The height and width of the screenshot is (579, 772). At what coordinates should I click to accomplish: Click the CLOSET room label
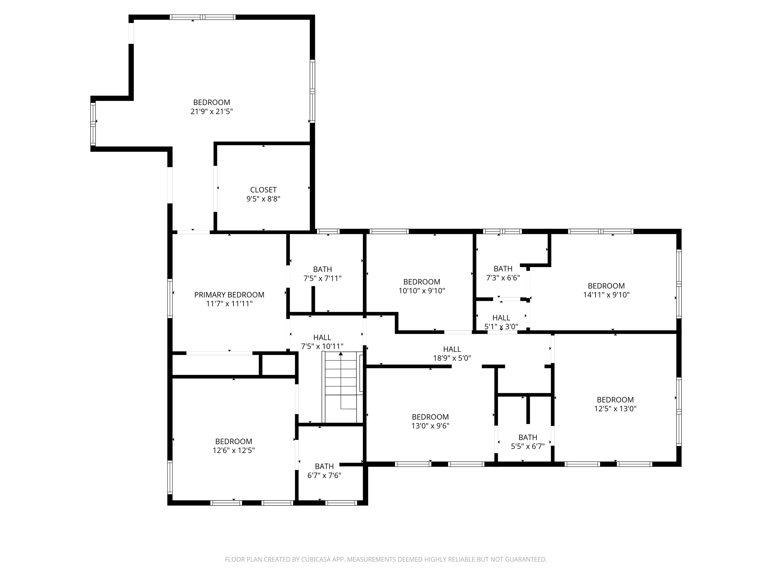pos(263,190)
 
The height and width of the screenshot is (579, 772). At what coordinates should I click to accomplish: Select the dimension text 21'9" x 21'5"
pos(211,112)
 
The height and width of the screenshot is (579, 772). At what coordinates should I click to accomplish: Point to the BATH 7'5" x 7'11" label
pos(322,274)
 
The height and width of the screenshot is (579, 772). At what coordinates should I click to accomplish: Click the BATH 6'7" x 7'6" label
pos(324,471)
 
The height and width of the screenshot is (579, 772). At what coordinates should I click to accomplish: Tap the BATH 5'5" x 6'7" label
pos(528,442)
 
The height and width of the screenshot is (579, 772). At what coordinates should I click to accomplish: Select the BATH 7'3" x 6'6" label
pos(503,273)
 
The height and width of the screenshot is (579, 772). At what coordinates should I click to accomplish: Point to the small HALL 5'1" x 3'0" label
pos(501,322)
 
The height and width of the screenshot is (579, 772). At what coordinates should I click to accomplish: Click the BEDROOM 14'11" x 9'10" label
pos(606,290)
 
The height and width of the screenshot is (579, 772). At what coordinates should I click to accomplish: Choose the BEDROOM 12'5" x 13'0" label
pos(615,404)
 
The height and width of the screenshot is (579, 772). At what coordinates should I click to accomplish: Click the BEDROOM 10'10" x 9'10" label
pos(422,286)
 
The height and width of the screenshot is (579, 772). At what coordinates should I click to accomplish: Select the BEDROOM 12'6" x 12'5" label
pos(234,446)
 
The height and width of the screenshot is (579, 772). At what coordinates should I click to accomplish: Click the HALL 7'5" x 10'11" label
pos(322,342)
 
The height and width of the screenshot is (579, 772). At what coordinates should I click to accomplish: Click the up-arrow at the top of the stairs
pos(341,354)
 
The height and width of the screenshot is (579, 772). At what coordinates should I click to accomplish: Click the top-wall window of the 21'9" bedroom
pos(203,17)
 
